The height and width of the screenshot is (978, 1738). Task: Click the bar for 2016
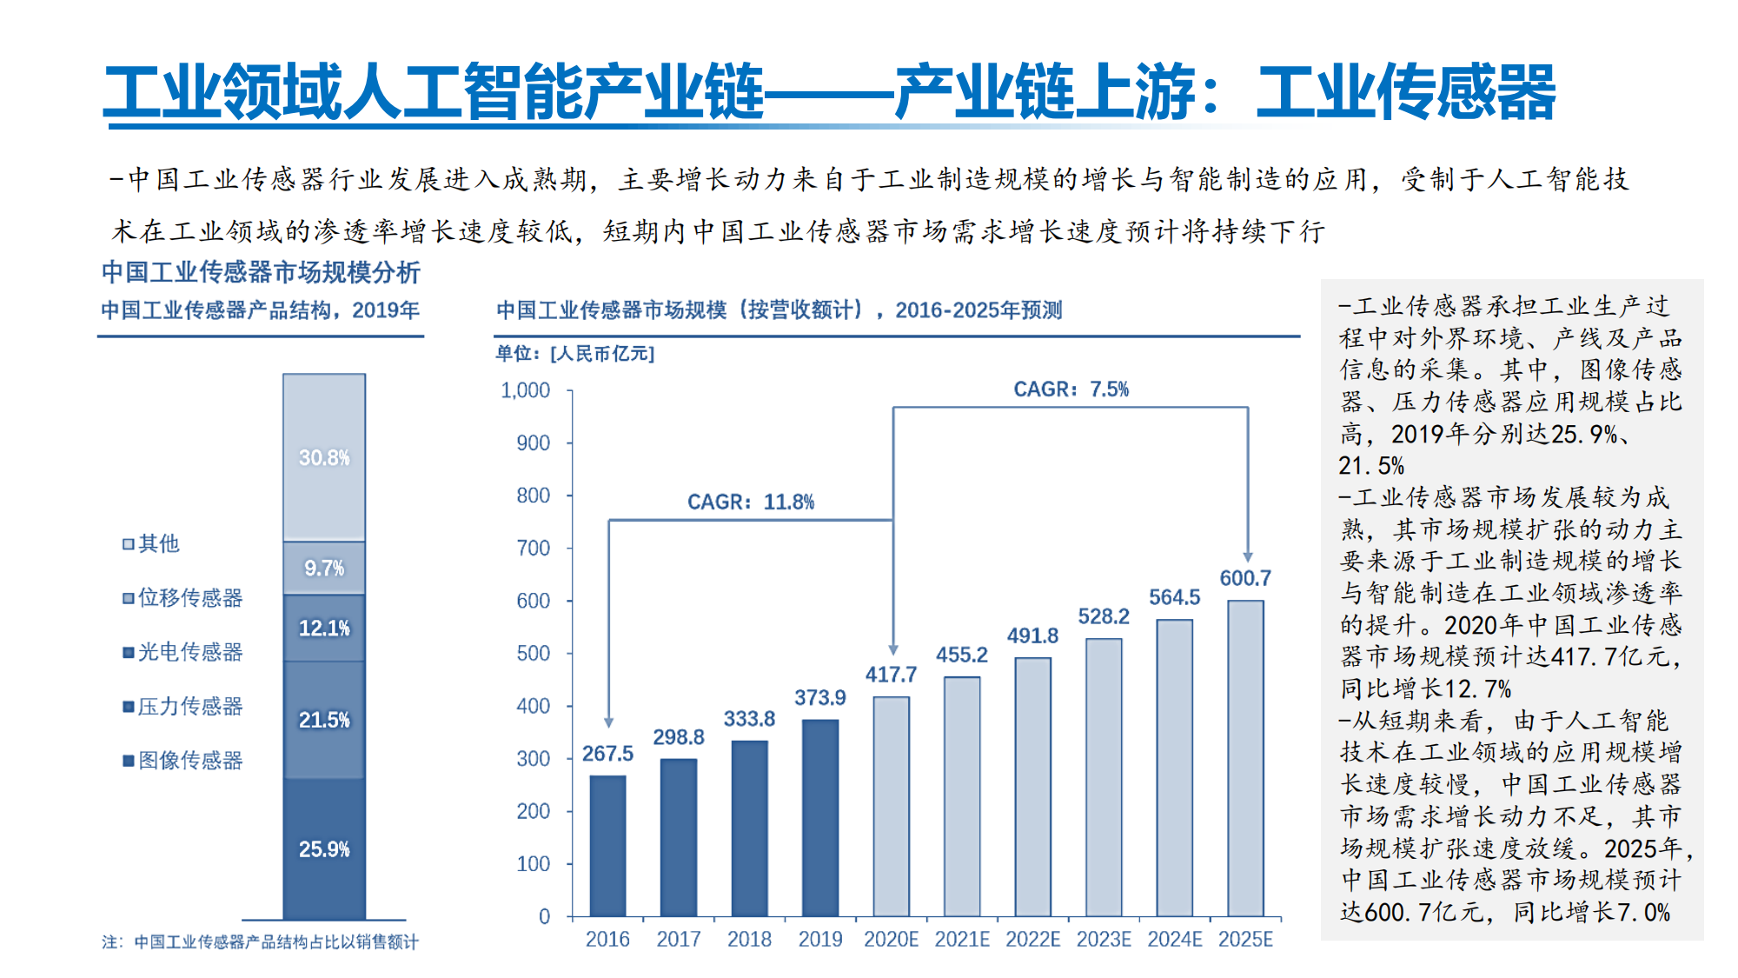607,846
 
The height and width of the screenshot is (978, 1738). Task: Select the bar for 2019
820,818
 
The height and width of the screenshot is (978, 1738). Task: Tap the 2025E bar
1245,758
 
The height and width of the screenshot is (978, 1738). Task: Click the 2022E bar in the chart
1032,787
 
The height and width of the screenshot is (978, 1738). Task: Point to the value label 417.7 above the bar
891,675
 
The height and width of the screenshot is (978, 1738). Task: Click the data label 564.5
1174,597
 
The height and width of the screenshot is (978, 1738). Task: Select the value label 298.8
679,737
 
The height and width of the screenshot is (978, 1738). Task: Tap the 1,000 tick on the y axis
525,390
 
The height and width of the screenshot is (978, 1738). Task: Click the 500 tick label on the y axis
533,654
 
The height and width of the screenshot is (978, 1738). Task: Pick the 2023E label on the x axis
1104,940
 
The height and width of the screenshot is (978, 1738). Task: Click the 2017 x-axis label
679,940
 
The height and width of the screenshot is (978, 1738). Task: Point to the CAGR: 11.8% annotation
751,502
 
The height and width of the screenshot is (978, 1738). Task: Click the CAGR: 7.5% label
1071,389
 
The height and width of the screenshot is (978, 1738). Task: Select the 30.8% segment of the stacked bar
324,457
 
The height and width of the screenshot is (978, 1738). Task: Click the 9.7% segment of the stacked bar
324,569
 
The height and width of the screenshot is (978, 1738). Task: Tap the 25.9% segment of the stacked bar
324,848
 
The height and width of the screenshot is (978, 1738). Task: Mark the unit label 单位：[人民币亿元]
574,354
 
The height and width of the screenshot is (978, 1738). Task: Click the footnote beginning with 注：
260,942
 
